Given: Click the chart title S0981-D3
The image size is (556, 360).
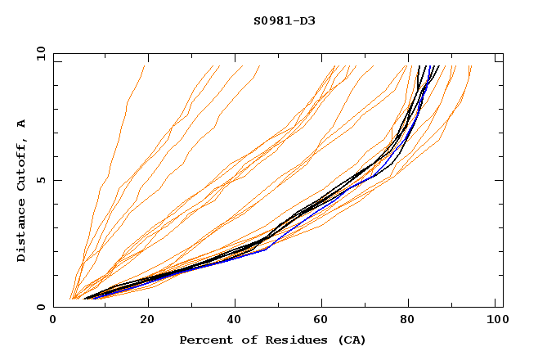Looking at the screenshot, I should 284,20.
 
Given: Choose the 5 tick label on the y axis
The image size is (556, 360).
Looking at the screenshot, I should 40,180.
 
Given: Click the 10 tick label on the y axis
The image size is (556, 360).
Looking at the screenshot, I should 38,53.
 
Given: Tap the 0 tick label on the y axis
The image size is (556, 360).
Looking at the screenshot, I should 40,307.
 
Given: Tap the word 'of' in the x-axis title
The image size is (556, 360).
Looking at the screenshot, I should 243,340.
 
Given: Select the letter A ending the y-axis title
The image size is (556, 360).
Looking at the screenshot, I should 22,124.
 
